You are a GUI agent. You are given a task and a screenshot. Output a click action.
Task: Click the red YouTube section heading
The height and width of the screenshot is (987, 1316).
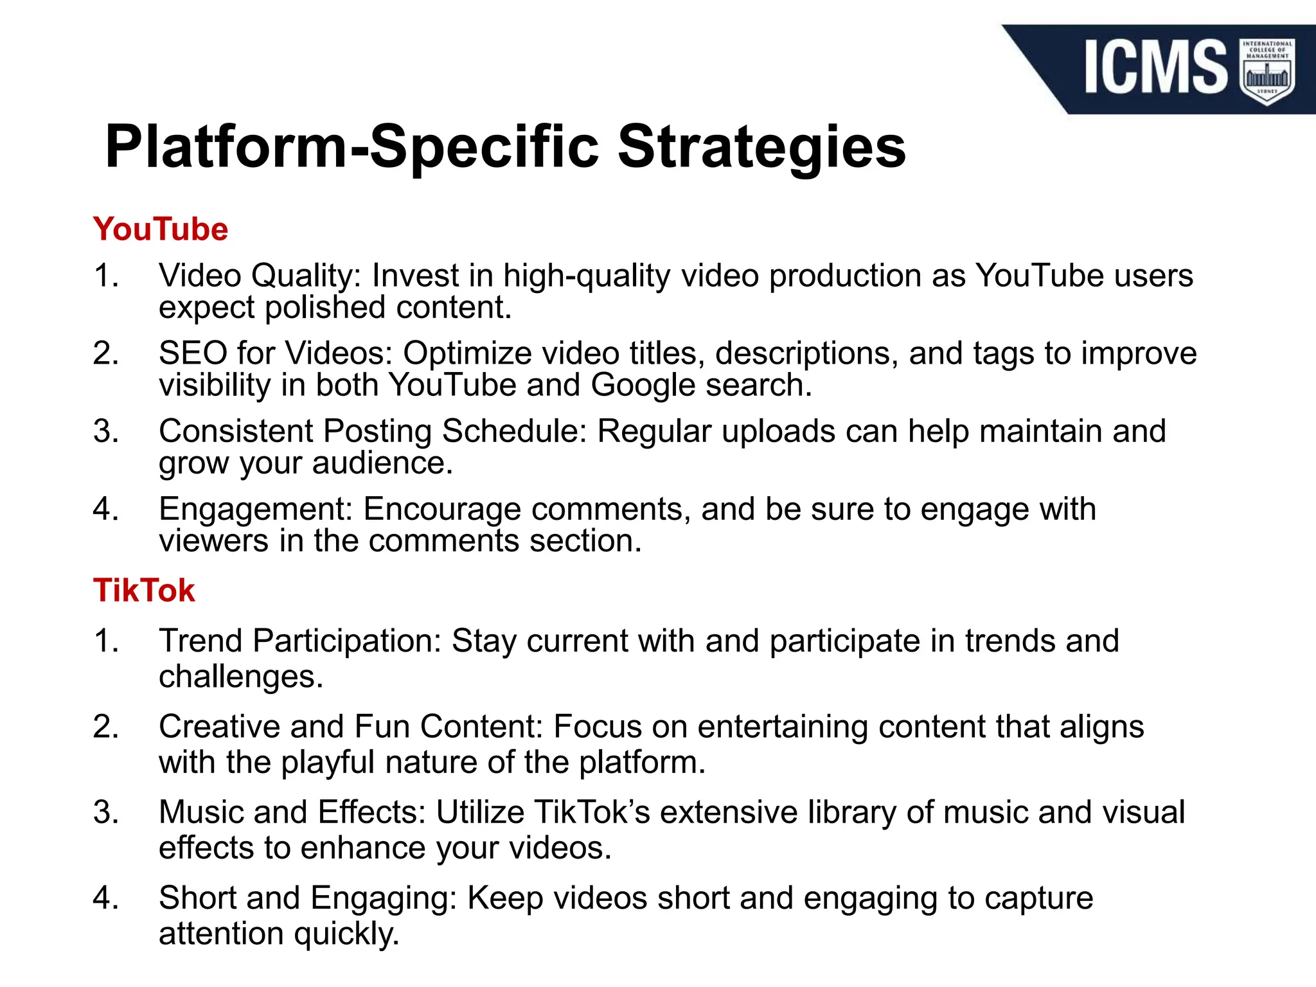[160, 230]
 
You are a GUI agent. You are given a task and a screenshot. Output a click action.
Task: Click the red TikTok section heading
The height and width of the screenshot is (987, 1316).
[143, 591]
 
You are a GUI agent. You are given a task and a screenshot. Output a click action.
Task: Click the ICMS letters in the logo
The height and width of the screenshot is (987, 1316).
[1155, 67]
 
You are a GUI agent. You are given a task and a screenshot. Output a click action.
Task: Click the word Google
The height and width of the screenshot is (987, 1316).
[643, 386]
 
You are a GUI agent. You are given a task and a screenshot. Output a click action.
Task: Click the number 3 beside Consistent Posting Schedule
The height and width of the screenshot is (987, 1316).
[105, 431]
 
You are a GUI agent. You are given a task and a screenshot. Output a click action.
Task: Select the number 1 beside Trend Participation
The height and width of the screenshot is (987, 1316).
[105, 641]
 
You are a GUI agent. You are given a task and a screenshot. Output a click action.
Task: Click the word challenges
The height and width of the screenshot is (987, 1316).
[240, 677]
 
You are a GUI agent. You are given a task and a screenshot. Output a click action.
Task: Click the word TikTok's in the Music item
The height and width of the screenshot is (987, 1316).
[592, 812]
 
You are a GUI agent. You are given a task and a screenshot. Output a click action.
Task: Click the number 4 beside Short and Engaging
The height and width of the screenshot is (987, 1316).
[105, 898]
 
